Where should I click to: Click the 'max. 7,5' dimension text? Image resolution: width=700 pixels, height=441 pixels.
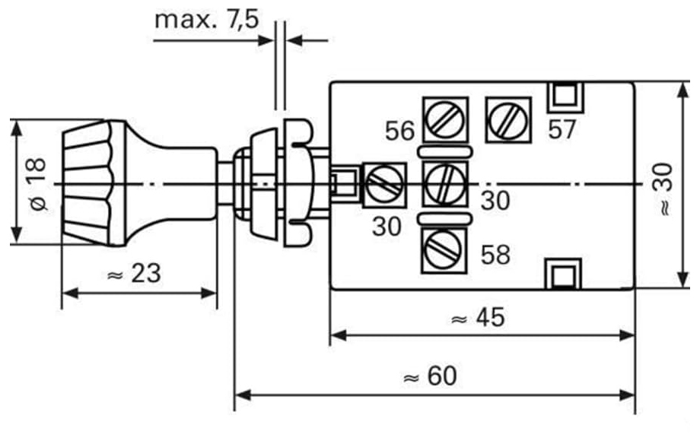point(206,20)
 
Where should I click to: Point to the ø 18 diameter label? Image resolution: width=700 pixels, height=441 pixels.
point(38,183)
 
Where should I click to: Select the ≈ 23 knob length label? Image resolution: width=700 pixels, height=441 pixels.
point(134,273)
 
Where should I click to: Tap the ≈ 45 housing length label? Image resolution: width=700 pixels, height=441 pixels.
point(478,318)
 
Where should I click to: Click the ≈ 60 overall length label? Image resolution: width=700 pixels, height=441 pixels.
point(430,376)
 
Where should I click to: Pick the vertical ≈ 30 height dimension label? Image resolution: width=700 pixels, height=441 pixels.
point(663,189)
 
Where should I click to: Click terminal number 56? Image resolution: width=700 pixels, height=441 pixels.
point(400,131)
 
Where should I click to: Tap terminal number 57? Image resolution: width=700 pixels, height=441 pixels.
point(562,130)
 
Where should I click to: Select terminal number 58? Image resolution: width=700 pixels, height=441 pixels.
point(495,255)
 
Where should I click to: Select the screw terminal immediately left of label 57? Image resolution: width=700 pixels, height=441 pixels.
point(508,120)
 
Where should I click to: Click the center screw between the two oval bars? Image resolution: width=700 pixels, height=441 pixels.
point(445,184)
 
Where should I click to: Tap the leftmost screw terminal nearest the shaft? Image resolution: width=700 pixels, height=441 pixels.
point(384,185)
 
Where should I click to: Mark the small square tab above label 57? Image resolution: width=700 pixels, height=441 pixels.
point(565,97)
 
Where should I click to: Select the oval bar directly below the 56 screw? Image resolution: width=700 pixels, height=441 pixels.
point(444,152)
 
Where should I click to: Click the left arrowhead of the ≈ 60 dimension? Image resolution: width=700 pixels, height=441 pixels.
point(241,395)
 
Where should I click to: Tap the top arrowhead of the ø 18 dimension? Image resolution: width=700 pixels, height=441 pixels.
point(17,128)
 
